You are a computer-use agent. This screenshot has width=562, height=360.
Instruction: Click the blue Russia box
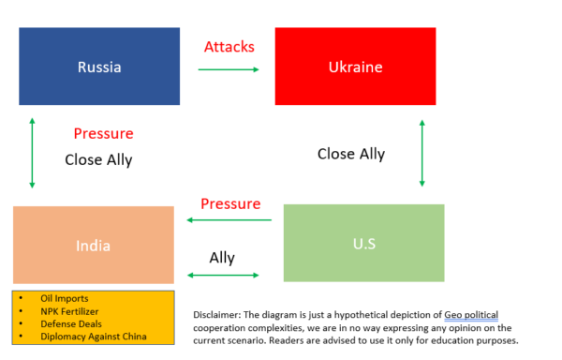(x=99, y=67)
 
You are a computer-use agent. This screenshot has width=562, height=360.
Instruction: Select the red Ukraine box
(x=355, y=67)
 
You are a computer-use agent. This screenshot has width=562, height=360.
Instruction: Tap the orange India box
(x=94, y=246)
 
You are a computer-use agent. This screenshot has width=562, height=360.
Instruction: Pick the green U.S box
(x=363, y=243)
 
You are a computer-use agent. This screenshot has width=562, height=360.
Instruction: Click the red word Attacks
(x=229, y=46)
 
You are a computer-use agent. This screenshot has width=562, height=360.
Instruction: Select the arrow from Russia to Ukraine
(x=229, y=69)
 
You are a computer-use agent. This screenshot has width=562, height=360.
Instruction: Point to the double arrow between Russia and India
(x=32, y=152)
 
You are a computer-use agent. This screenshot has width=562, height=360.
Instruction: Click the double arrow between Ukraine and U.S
(x=422, y=152)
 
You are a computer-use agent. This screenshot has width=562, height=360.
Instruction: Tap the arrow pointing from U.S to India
(x=229, y=220)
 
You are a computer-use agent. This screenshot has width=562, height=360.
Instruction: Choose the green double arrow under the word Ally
(x=223, y=275)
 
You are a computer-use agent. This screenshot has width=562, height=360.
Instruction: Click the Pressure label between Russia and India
(x=103, y=133)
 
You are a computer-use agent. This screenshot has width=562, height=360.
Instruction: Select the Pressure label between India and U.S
(x=230, y=203)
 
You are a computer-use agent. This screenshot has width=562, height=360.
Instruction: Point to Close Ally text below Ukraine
(x=351, y=154)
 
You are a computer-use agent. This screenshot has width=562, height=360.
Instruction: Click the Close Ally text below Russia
(x=98, y=159)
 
